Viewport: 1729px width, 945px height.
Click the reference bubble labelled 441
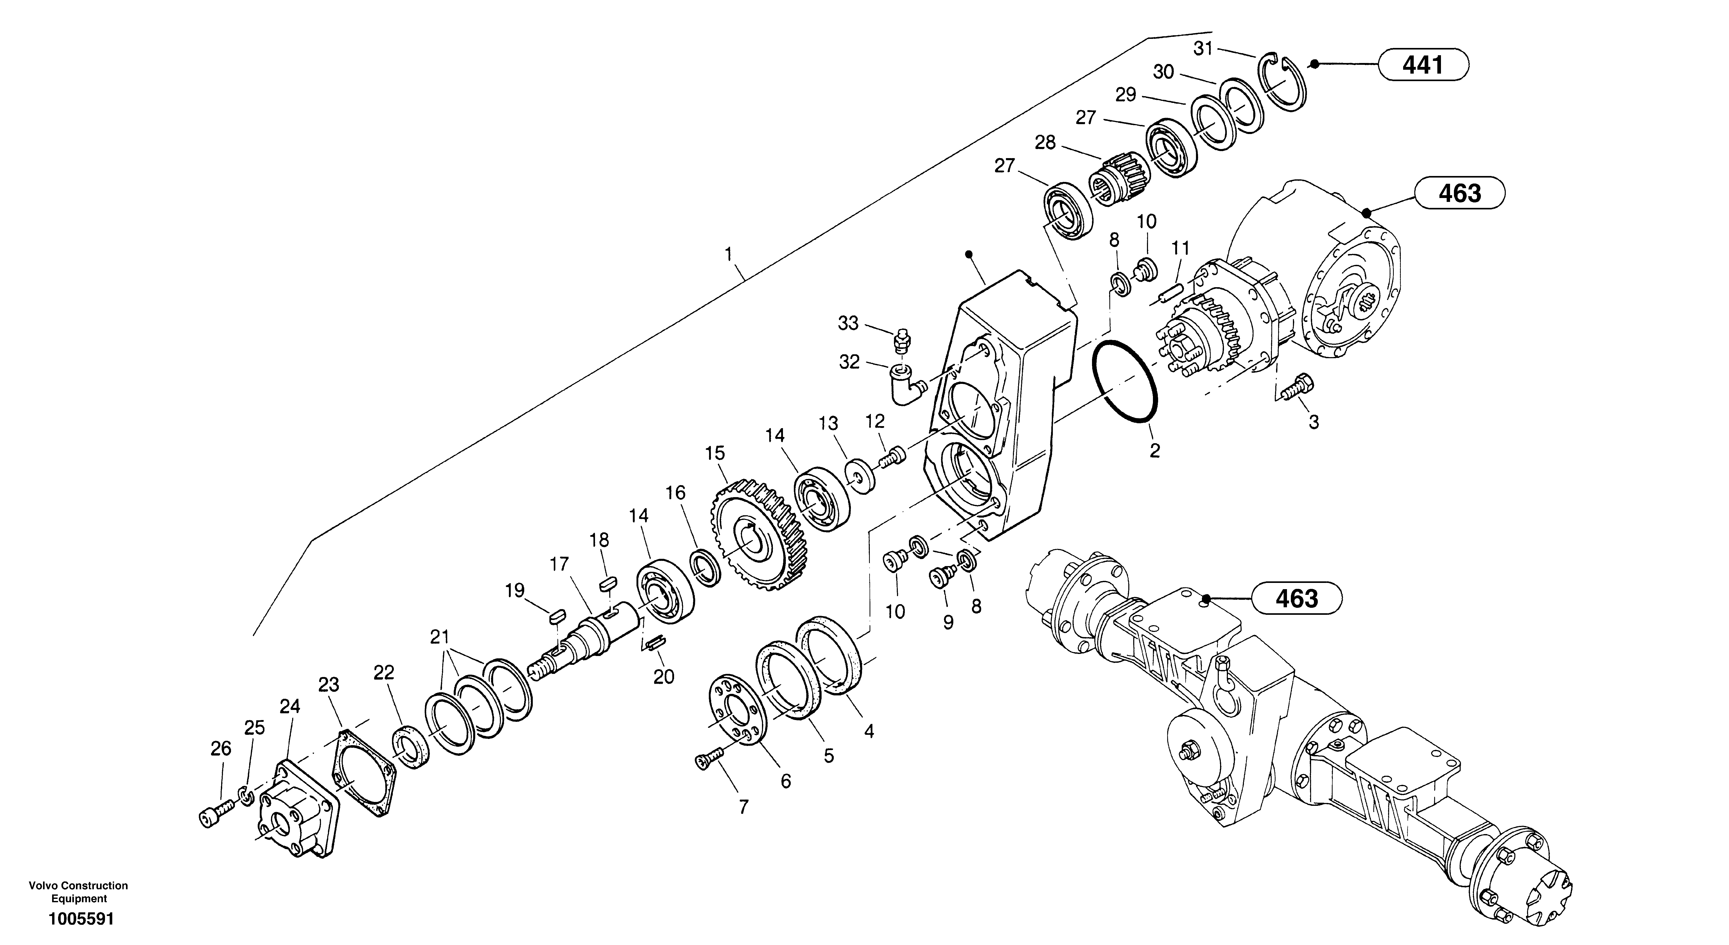pos(1423,65)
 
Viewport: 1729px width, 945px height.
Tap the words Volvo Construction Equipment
pos(79,892)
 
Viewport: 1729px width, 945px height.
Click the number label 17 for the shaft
pos(558,565)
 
